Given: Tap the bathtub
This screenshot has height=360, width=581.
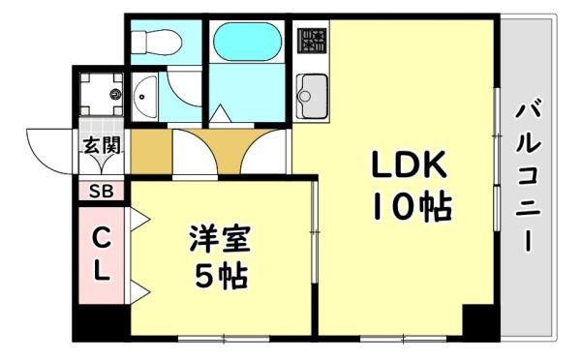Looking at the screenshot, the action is click(x=246, y=42).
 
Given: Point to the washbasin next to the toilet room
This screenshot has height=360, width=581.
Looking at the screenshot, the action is click(x=144, y=94).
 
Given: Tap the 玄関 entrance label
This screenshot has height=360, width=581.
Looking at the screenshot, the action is click(x=100, y=147).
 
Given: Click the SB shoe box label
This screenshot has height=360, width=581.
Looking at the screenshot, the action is click(x=101, y=191).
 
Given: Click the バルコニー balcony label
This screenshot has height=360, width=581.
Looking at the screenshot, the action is click(x=529, y=174).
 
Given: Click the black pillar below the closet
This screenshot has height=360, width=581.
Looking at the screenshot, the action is click(x=101, y=324).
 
